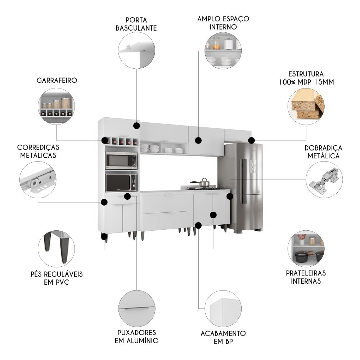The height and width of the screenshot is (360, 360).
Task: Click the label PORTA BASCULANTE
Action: coord(136,23)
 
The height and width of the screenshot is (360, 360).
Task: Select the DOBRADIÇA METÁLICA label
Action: coord(323,152)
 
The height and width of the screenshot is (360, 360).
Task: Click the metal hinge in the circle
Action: coord(324,179)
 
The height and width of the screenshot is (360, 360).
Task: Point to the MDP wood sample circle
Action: coord(306,106)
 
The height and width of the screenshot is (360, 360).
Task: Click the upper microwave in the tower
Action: coord(121,161)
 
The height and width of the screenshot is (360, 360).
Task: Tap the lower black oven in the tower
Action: coord(121,183)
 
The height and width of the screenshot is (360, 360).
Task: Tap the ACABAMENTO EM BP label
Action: coord(223,337)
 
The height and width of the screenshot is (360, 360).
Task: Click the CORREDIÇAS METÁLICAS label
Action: coord(38,151)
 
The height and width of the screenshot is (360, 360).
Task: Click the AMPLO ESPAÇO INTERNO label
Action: coord(223,22)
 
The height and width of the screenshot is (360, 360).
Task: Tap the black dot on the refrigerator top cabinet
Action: coord(251,140)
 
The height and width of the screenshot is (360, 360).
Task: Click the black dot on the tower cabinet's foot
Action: coord(104,237)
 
